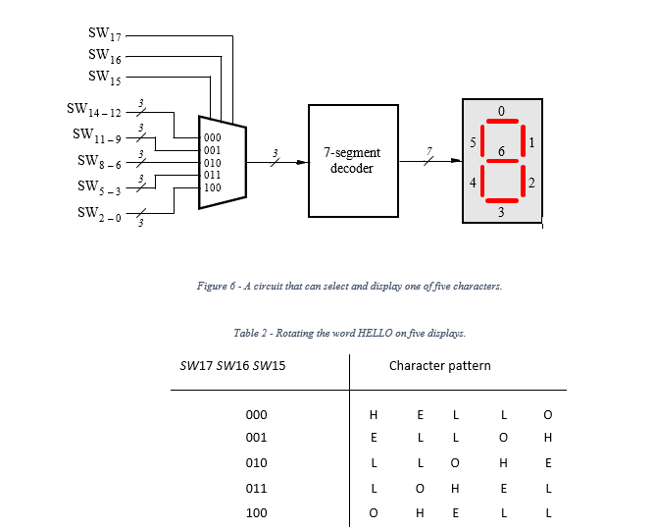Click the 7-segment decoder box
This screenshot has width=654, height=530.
[x=352, y=160]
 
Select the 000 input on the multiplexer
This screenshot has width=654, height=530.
[x=212, y=138]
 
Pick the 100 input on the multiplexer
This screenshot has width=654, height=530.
[x=212, y=185]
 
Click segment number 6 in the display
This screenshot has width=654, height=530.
[x=501, y=152]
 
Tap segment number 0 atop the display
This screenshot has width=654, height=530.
[x=501, y=111]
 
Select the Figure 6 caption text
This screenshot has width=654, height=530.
[x=349, y=286]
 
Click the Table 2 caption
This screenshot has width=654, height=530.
[x=349, y=333]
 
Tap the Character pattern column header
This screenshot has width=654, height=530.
[x=439, y=366]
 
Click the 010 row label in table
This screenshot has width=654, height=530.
[x=256, y=462]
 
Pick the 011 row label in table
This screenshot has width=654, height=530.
[x=256, y=488]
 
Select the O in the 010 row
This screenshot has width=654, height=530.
[x=454, y=462]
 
